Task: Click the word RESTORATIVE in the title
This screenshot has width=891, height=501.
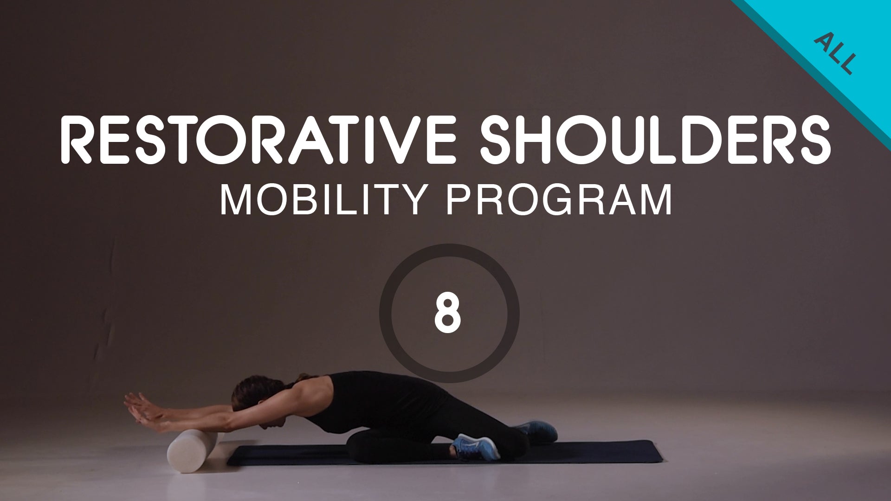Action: [x=258, y=139]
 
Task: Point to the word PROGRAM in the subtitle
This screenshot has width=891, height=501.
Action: [x=559, y=200]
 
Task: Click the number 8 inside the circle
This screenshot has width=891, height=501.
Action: [x=448, y=313]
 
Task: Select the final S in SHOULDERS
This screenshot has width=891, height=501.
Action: [x=813, y=139]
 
